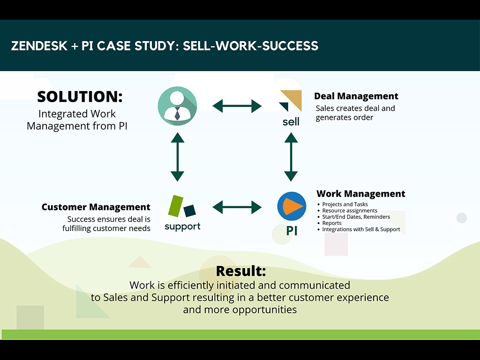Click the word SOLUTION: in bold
click(80, 97)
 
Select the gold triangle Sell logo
click(291, 100)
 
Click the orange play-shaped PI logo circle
click(291, 206)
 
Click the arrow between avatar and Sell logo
click(237, 106)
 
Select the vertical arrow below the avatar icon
click(177, 157)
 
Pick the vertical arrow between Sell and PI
click(291, 157)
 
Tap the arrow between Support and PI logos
click(237, 207)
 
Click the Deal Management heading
click(356, 97)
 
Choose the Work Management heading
click(360, 194)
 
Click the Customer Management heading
click(96, 207)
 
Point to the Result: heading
click(240, 271)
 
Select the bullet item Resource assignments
click(350, 211)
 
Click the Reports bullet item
click(332, 224)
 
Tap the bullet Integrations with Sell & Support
click(361, 230)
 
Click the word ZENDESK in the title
click(38, 46)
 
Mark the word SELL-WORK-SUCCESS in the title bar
click(251, 46)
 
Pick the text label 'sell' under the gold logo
click(291, 122)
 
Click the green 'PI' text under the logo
click(291, 231)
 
